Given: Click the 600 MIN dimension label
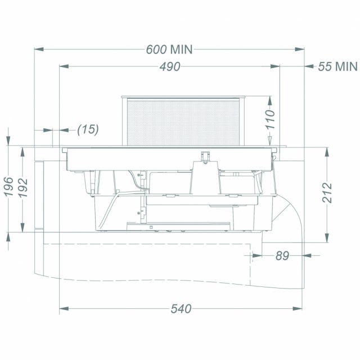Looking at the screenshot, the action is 169,49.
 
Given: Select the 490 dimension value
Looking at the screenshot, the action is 170,66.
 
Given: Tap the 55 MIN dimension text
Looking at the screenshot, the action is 337,66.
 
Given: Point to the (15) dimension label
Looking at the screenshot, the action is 88,129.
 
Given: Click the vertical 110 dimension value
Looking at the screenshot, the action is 270,119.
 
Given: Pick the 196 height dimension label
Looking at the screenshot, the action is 9,187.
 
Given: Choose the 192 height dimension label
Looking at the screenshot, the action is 23,188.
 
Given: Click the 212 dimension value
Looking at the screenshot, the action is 327,192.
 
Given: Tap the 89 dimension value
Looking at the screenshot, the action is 282,255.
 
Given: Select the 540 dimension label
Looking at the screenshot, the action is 181,309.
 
